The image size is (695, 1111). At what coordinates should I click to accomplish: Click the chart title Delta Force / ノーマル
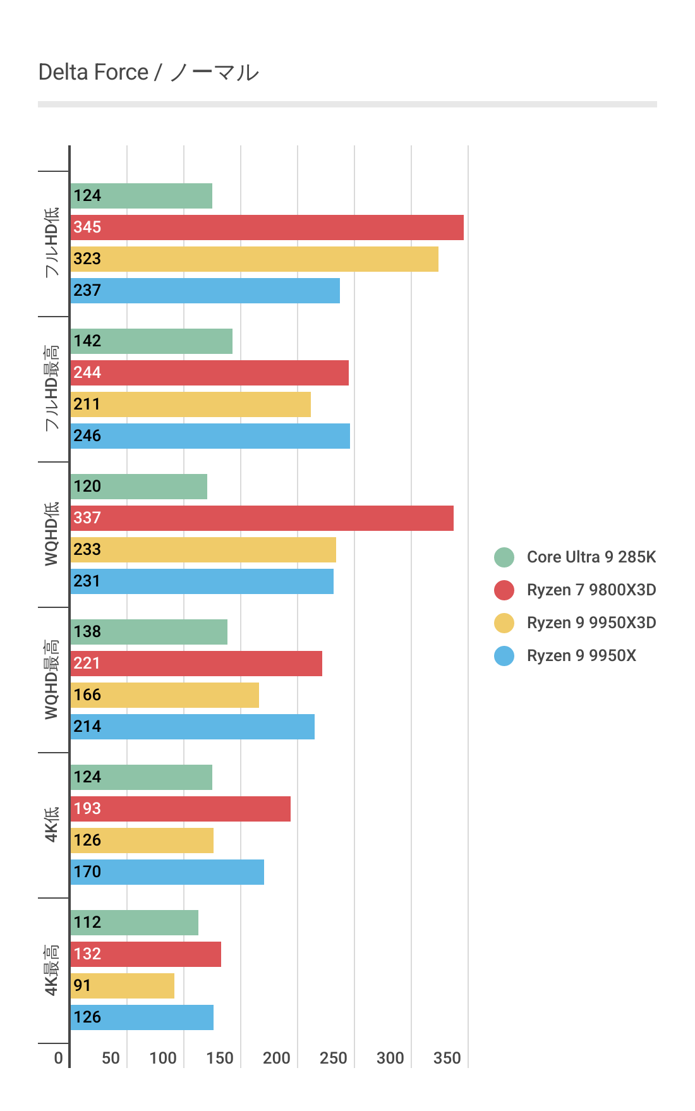point(148,73)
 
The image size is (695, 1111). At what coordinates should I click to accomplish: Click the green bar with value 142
point(151,341)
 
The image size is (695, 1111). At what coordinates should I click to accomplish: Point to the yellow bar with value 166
point(164,695)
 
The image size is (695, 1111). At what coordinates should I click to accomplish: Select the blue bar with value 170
point(167,872)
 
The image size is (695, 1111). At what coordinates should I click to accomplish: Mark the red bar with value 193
point(180,809)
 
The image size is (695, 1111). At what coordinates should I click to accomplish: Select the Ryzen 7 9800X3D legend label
point(591,590)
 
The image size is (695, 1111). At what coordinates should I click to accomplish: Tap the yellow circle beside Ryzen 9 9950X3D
point(504,622)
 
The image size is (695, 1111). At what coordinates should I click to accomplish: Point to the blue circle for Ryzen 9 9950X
point(504,655)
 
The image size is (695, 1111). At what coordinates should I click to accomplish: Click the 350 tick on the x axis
point(447,1058)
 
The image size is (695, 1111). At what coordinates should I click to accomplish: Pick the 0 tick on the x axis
point(58,1058)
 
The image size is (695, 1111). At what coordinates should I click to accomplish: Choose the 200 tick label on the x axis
point(276,1058)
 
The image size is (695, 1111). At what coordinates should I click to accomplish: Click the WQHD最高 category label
point(51,679)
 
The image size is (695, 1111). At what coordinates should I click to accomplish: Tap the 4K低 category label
point(51,824)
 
